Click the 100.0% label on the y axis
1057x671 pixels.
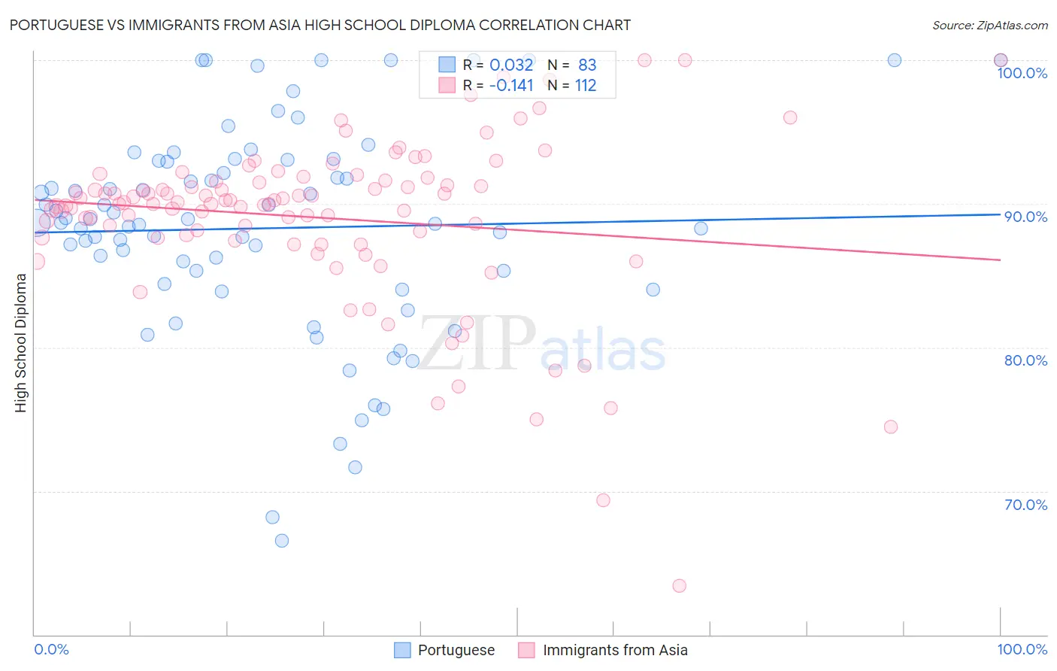pyautogui.click(x=1022, y=73)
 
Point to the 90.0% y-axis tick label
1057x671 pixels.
pyautogui.click(x=1025, y=217)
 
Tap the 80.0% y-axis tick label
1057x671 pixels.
pyautogui.click(x=1025, y=360)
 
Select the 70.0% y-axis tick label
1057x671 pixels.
pyautogui.click(x=1025, y=505)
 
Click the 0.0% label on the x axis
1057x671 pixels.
pyautogui.click(x=51, y=649)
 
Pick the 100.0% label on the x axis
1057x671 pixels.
pyautogui.click(x=1022, y=649)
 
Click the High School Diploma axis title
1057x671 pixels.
pyautogui.click(x=21, y=343)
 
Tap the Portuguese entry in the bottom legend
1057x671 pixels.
pyautogui.click(x=456, y=650)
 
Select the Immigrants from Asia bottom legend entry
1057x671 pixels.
pyautogui.click(x=614, y=650)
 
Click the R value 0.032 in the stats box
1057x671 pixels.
pyautogui.click(x=511, y=65)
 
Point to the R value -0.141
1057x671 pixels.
pyautogui.click(x=510, y=86)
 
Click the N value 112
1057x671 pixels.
pyautogui.click(x=586, y=86)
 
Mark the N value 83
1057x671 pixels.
pyautogui.click(x=587, y=65)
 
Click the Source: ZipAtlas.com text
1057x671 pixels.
pyautogui.click(x=989, y=25)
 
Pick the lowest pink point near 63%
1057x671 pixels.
pyautogui.click(x=680, y=586)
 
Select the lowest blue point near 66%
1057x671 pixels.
pyautogui.click(x=282, y=541)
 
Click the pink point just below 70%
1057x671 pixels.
pyautogui.click(x=603, y=500)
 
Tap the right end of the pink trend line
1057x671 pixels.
pyautogui.click(x=1000, y=260)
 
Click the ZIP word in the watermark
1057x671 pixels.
pyautogui.click(x=477, y=344)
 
